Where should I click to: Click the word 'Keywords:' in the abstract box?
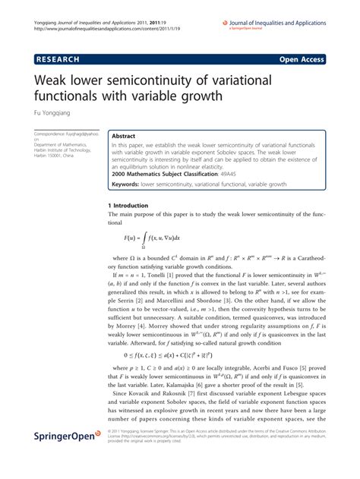(x=130, y=184)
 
